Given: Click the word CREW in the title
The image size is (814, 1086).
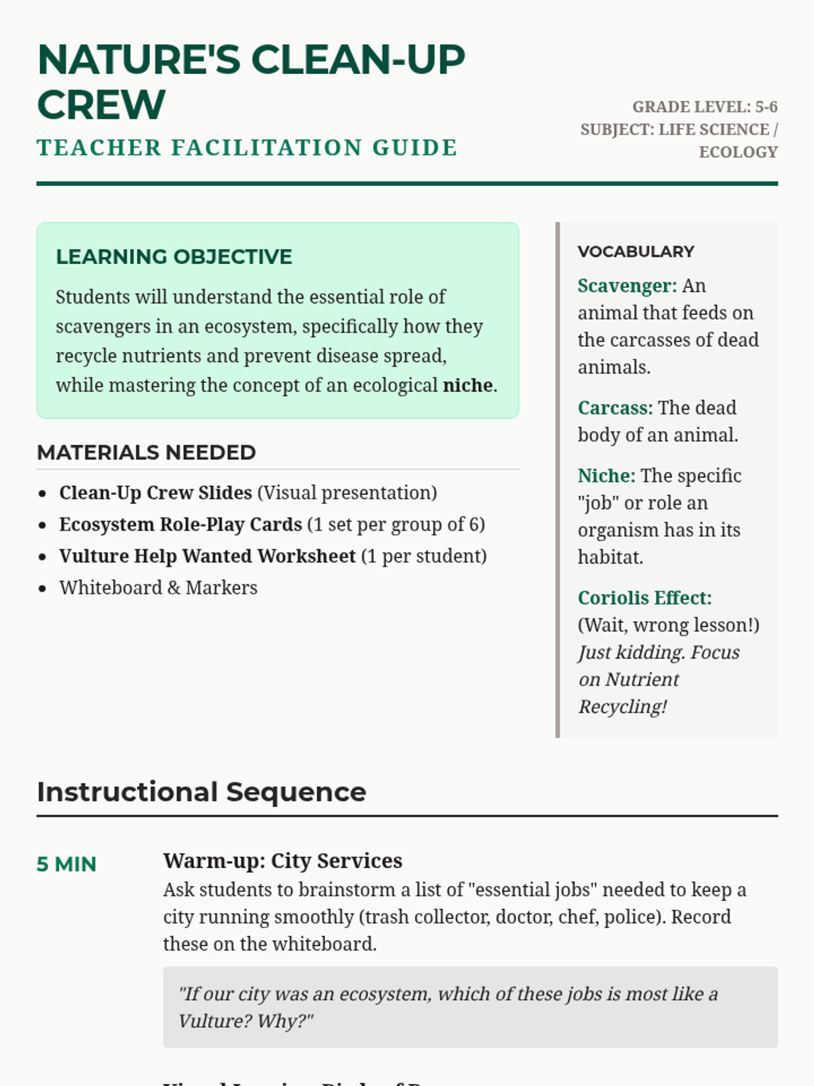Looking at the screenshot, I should pos(101,105).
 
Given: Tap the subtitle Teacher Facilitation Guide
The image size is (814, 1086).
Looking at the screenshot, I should pos(247,148).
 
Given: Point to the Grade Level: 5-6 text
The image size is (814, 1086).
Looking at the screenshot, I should pos(705,107).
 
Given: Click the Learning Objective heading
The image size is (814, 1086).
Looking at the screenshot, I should pos(174,257).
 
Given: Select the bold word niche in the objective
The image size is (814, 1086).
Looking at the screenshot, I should pos(467,386).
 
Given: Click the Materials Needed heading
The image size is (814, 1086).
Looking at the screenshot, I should pos(147,453).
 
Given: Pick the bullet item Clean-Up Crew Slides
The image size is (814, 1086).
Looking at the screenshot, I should pos(155,493).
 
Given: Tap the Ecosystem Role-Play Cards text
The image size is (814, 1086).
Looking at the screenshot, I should pos(180,525).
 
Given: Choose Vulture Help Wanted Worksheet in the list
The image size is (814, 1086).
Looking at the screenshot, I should pos(207,556).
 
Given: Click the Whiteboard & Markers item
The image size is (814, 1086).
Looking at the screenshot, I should pos(158,588).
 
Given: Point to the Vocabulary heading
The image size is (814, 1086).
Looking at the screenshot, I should pos(636,252).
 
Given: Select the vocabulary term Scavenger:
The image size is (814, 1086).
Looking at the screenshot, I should pos(627,286).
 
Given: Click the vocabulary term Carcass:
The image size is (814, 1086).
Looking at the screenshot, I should pos(615,408).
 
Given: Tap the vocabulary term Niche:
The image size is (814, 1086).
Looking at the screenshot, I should pos(606,476).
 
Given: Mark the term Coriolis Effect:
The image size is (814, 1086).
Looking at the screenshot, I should pos(644,598).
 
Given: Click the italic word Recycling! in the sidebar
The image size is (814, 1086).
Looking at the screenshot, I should pos(622,707).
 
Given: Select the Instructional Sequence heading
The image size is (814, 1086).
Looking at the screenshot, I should pos(201,792).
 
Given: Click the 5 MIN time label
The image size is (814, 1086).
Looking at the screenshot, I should pos(66,864).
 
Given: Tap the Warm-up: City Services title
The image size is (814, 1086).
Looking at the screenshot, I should pos(282,861).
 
